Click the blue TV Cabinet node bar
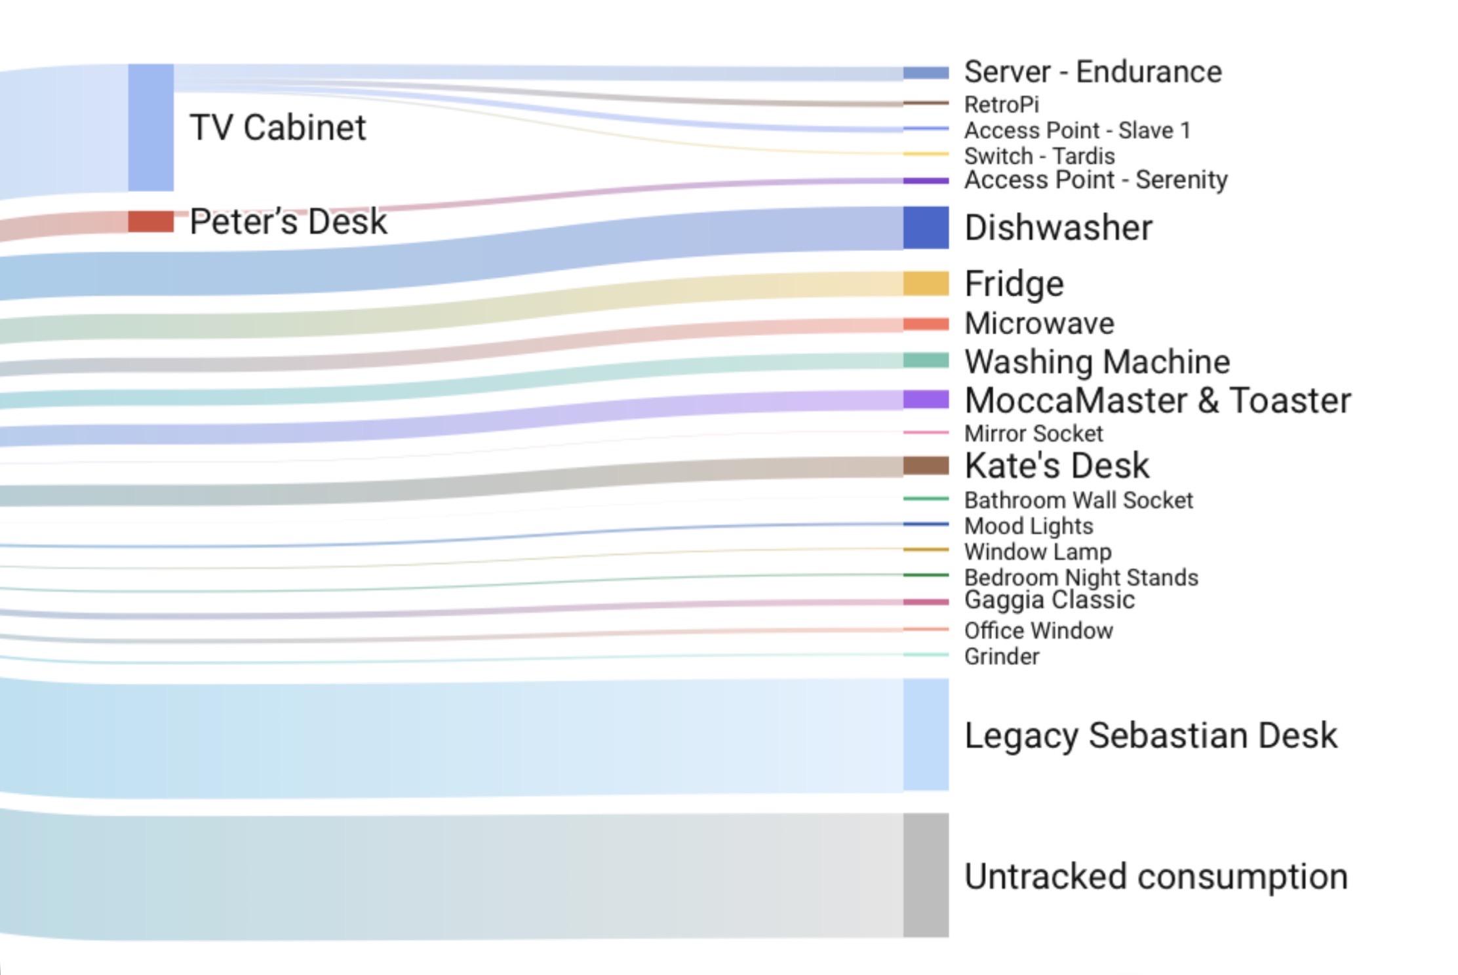(x=151, y=128)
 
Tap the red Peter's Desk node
(x=151, y=221)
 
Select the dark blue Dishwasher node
(x=926, y=227)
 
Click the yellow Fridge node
(x=926, y=283)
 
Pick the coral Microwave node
(x=926, y=324)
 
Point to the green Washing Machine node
(x=926, y=360)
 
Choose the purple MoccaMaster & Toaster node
(x=926, y=400)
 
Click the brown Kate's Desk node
(x=926, y=466)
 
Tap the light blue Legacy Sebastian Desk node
(x=926, y=735)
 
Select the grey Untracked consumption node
(x=926, y=875)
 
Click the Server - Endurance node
(x=926, y=73)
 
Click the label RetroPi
(x=1001, y=105)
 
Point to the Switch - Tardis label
(x=1039, y=157)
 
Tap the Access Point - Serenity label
(x=1095, y=180)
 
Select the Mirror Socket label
(x=1033, y=434)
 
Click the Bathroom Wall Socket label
(x=1078, y=501)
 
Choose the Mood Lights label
(x=1029, y=526)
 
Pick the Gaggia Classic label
(x=1049, y=600)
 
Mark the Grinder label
(x=1002, y=657)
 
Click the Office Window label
(x=1038, y=631)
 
